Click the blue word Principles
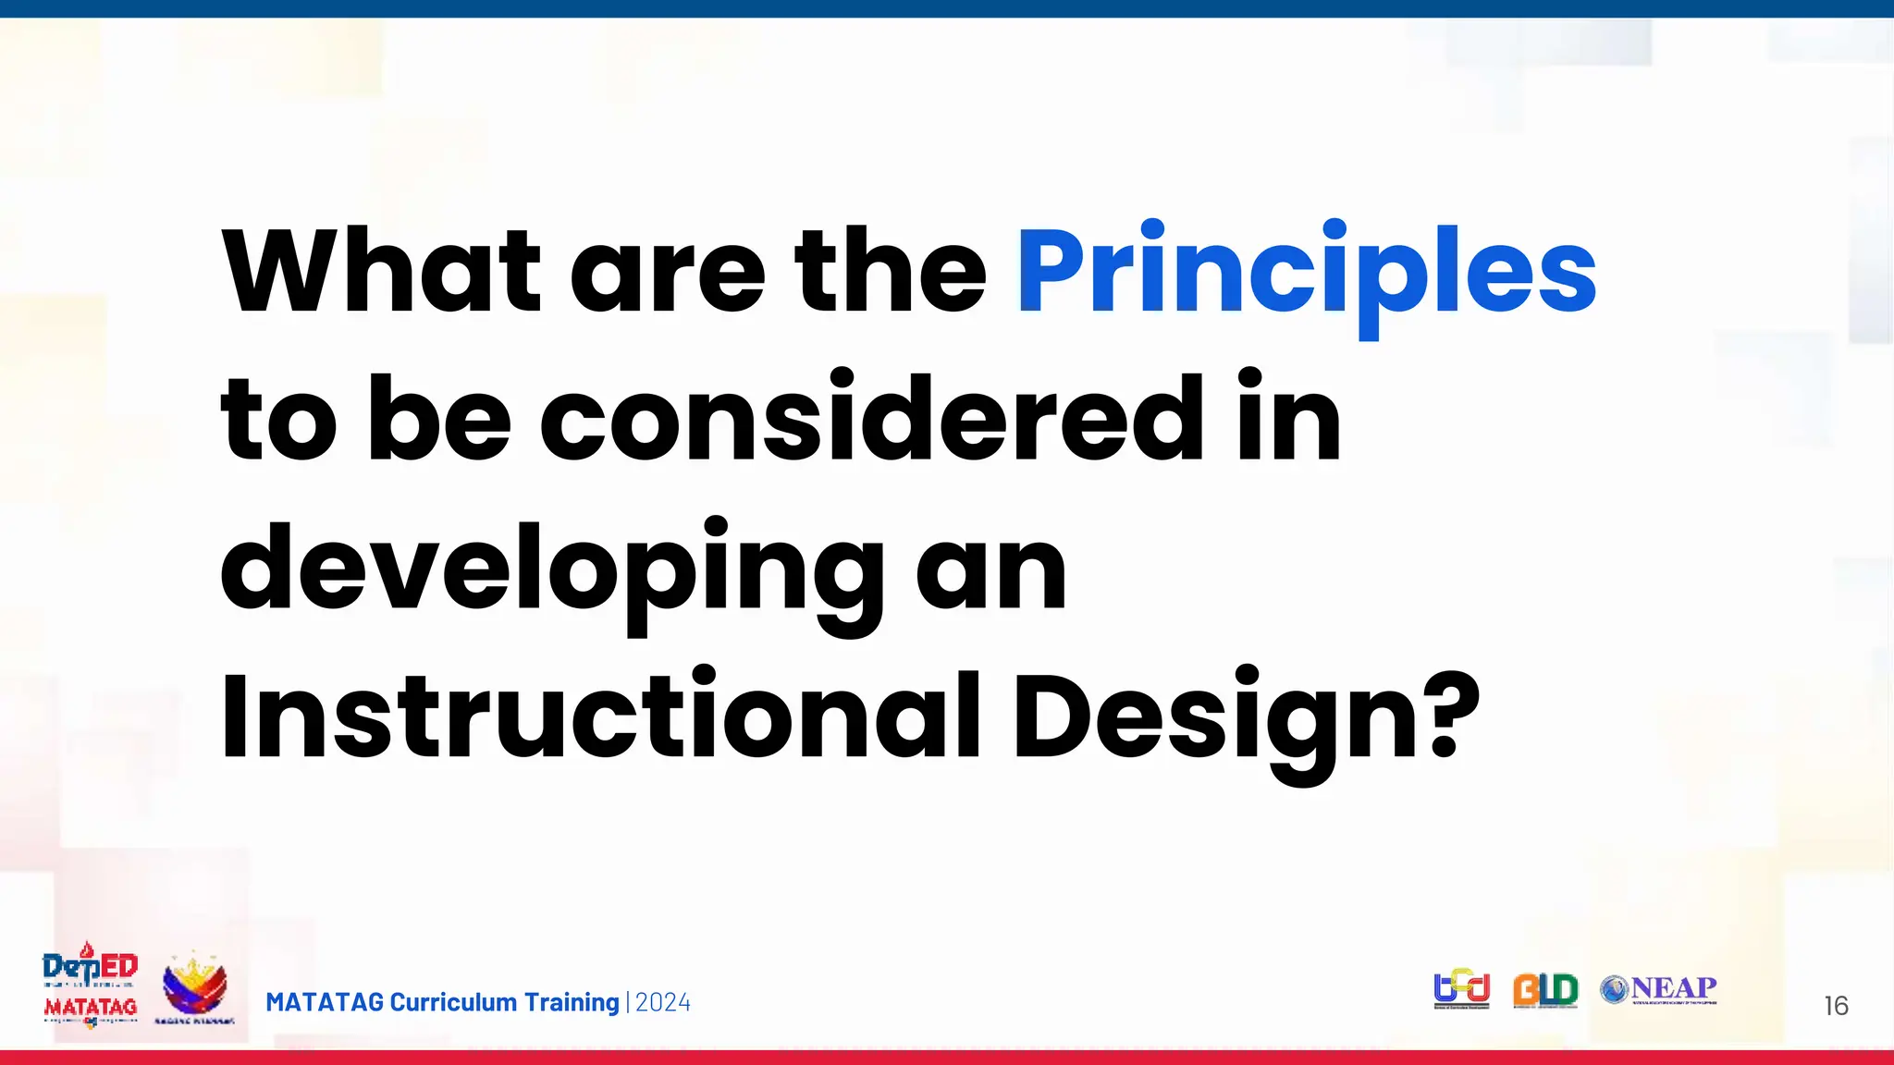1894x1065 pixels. pyautogui.click(x=1306, y=273)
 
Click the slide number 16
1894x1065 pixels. pyautogui.click(x=1836, y=1006)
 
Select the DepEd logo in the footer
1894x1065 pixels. pyautogui.click(x=91, y=967)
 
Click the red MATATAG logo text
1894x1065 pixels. pyautogui.click(x=91, y=1007)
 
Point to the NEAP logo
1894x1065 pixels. pyautogui.click(x=1659, y=990)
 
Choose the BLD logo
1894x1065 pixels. pyautogui.click(x=1545, y=990)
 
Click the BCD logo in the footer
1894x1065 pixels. pyautogui.click(x=1461, y=988)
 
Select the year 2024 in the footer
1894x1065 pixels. pyautogui.click(x=663, y=1003)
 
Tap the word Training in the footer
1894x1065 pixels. pyautogui.click(x=572, y=1003)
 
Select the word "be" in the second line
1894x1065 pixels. pyautogui.click(x=439, y=421)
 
